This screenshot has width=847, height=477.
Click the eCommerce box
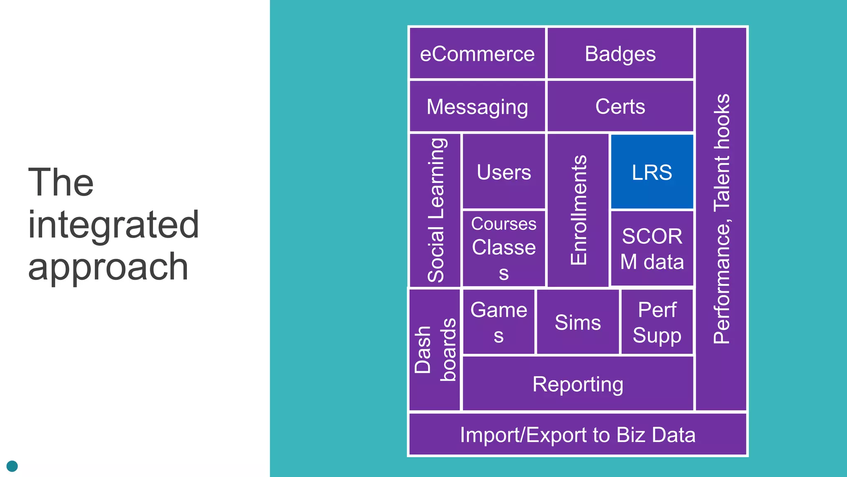click(x=477, y=54)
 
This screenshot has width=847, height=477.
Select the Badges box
click(x=620, y=54)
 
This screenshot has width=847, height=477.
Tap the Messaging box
click(x=477, y=107)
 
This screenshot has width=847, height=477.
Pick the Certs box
click(x=620, y=107)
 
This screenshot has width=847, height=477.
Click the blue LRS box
click(x=652, y=172)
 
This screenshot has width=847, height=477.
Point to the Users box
click(x=504, y=172)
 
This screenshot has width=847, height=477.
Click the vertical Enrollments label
click(x=578, y=210)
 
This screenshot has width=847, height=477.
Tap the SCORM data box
click(x=652, y=248)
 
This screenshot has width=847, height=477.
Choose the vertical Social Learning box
click(x=435, y=210)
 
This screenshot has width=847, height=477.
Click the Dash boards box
click(x=434, y=350)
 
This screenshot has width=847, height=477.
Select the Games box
click(x=499, y=322)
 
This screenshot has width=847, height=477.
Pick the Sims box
click(x=578, y=322)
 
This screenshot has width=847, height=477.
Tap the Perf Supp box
click(x=657, y=322)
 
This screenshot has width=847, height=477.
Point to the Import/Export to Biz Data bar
click(x=578, y=435)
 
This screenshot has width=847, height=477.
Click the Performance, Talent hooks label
click(x=721, y=219)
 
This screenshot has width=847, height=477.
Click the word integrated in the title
click(x=113, y=225)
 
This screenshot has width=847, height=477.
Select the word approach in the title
click(x=108, y=267)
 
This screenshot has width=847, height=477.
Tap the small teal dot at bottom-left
click(x=12, y=466)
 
